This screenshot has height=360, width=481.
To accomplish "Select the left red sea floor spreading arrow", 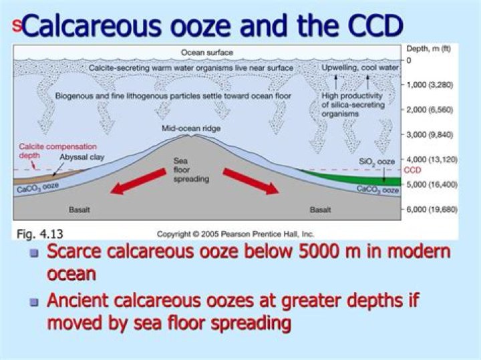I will coord(136,182).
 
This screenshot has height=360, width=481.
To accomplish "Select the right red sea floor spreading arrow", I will coord(251,182).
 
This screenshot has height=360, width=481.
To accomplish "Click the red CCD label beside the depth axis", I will coord(413,170).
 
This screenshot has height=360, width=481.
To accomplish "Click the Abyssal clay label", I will coord(78,158).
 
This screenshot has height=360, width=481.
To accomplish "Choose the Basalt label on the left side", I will coord(79,210).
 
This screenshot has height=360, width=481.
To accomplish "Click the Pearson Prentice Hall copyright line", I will coord(235,234).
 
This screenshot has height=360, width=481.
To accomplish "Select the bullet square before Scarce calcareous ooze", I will coord(35,253).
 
